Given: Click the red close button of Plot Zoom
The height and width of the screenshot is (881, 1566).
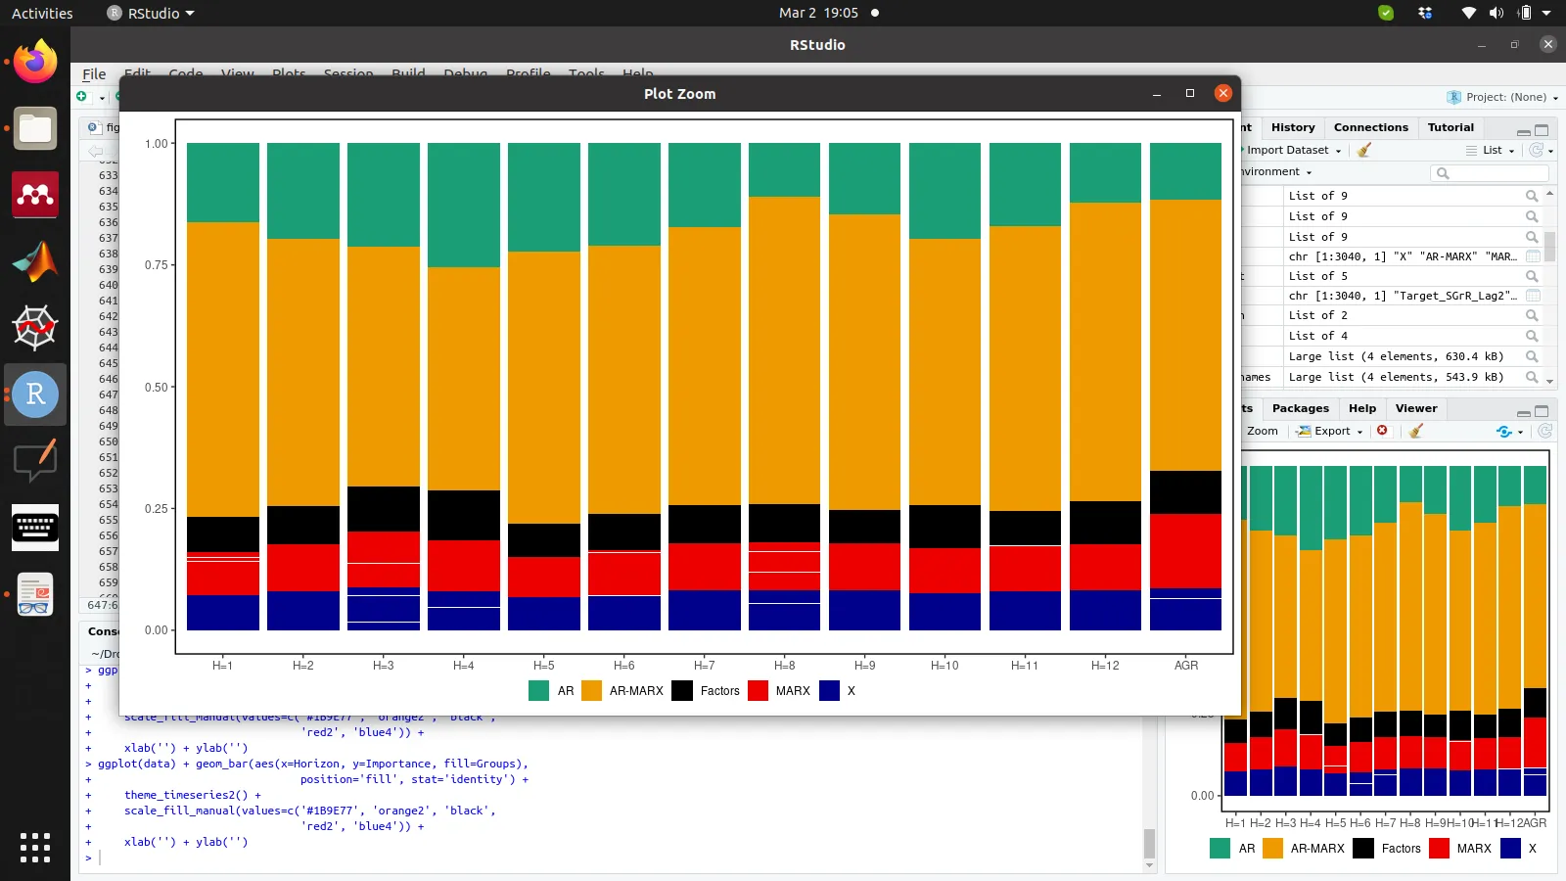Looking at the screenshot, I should [x=1222, y=93].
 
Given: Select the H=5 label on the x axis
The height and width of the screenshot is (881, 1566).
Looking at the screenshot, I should [x=544, y=666].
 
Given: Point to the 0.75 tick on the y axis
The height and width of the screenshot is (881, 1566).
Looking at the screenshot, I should [x=157, y=265].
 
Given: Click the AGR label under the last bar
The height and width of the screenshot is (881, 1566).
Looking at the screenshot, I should [x=1185, y=666].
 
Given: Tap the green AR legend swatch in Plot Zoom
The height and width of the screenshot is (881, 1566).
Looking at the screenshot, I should [x=538, y=691].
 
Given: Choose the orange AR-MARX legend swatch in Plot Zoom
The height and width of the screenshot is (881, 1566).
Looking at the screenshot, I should [x=591, y=691].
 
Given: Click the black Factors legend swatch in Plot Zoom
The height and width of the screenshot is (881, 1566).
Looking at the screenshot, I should [x=682, y=691].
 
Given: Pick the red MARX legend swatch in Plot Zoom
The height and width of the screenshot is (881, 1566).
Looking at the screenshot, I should [x=758, y=691].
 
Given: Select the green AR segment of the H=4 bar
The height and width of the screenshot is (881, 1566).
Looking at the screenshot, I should [x=464, y=205].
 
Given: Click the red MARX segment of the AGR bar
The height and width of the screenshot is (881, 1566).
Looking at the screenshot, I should [x=1185, y=550].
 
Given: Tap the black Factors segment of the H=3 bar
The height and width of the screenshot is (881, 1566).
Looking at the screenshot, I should [x=384, y=509].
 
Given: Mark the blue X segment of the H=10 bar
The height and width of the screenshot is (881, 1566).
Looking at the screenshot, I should [x=944, y=612].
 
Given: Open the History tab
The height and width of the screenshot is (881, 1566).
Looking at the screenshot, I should [x=1293, y=127].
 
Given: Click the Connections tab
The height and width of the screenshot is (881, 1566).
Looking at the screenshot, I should [x=1370, y=127].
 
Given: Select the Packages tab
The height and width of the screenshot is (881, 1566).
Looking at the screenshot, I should [x=1300, y=408].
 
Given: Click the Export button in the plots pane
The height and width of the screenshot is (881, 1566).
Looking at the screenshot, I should [x=1330, y=431].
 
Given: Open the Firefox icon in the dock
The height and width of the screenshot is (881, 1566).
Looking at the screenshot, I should [x=35, y=63].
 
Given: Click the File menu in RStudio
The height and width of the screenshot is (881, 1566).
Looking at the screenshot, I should [x=94, y=73].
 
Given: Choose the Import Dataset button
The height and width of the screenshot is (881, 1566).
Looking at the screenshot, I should [x=1289, y=150].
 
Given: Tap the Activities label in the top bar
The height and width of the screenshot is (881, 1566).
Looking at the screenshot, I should [x=42, y=13].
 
